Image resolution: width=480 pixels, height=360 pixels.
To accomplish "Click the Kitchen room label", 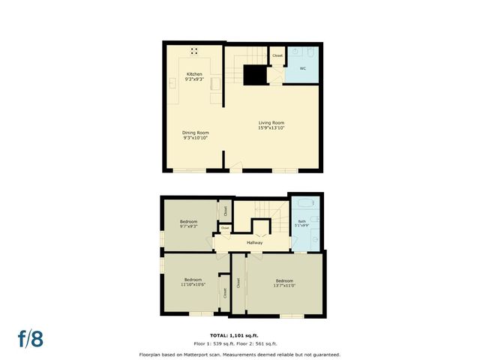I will point(194,74).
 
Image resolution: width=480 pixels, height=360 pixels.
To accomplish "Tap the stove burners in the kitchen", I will point(194,51).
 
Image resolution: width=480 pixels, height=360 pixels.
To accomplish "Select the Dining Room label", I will point(194,133).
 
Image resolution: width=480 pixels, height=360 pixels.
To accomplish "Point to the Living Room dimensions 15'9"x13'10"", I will point(271,128).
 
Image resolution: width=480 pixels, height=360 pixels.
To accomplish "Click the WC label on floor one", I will point(303,68).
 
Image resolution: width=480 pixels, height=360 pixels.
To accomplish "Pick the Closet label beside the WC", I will point(277,55).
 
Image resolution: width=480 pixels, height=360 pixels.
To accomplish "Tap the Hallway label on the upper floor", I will point(255,242).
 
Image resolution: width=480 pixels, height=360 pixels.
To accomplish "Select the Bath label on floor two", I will point(302,220).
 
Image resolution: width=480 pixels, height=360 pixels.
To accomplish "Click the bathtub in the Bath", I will point(304,204).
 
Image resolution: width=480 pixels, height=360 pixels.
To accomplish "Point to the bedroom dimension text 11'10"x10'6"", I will point(193,284).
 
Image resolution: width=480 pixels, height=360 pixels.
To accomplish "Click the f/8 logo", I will point(31,337).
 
